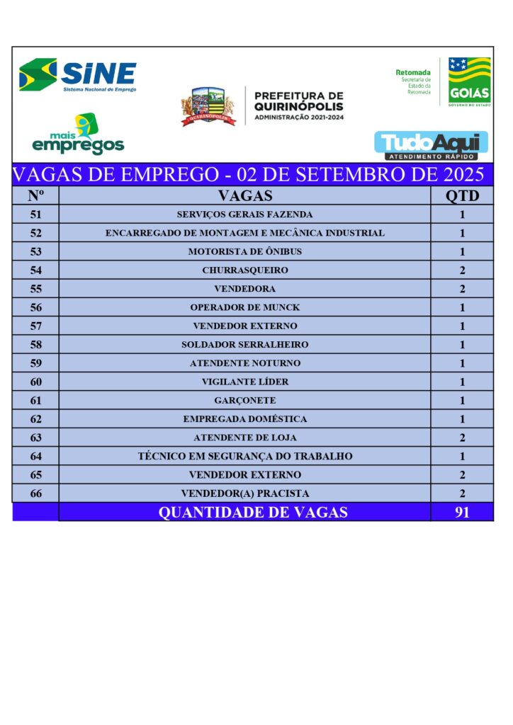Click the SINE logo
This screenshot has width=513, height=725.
pyautogui.click(x=78, y=75)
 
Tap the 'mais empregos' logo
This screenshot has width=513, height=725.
pyautogui.click(x=78, y=135)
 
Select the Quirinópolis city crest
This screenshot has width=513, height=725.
pyautogui.click(x=208, y=107)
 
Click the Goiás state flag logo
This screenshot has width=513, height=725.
pyautogui.click(x=468, y=81)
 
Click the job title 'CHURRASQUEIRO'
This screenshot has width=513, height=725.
pyautogui.click(x=244, y=270)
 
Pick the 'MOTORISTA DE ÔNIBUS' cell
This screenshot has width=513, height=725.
pyautogui.click(x=244, y=251)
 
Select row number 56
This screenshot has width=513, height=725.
pyautogui.click(x=36, y=307)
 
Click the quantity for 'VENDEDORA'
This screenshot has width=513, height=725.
pyautogui.click(x=462, y=289)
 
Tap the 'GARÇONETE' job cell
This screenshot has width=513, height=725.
pyautogui.click(x=244, y=400)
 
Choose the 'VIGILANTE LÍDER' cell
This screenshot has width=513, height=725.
pyautogui.click(x=244, y=382)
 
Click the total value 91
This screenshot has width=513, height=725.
pyautogui.click(x=462, y=512)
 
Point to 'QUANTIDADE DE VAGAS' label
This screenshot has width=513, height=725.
pyautogui.click(x=252, y=512)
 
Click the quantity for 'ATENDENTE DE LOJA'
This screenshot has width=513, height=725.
pyautogui.click(x=462, y=438)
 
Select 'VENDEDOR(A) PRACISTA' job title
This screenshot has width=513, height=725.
pyautogui.click(x=244, y=493)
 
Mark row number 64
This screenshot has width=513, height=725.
pyautogui.click(x=36, y=456)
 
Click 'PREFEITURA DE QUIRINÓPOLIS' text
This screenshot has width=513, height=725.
pyautogui.click(x=298, y=105)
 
